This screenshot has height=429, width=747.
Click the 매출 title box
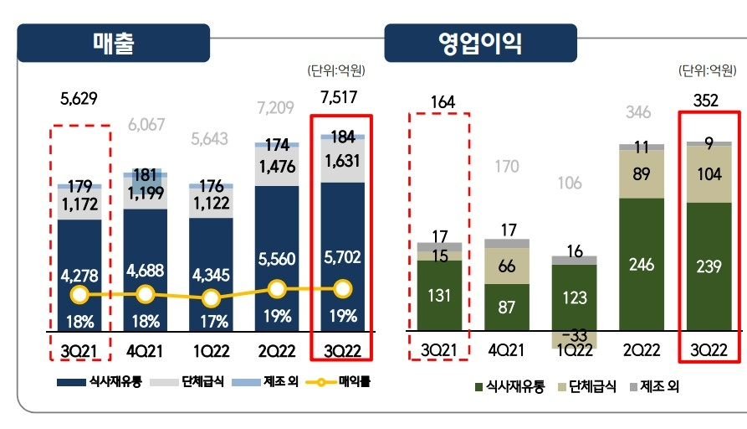(114, 43)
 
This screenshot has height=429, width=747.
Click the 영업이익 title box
(479, 43)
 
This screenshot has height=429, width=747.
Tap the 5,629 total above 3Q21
(79, 98)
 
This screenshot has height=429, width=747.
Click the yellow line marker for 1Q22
(212, 298)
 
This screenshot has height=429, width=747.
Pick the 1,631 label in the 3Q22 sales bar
(341, 162)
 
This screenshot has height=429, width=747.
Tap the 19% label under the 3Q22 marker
(343, 316)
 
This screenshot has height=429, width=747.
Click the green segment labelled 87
(507, 307)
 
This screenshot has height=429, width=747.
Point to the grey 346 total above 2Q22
(641, 112)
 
